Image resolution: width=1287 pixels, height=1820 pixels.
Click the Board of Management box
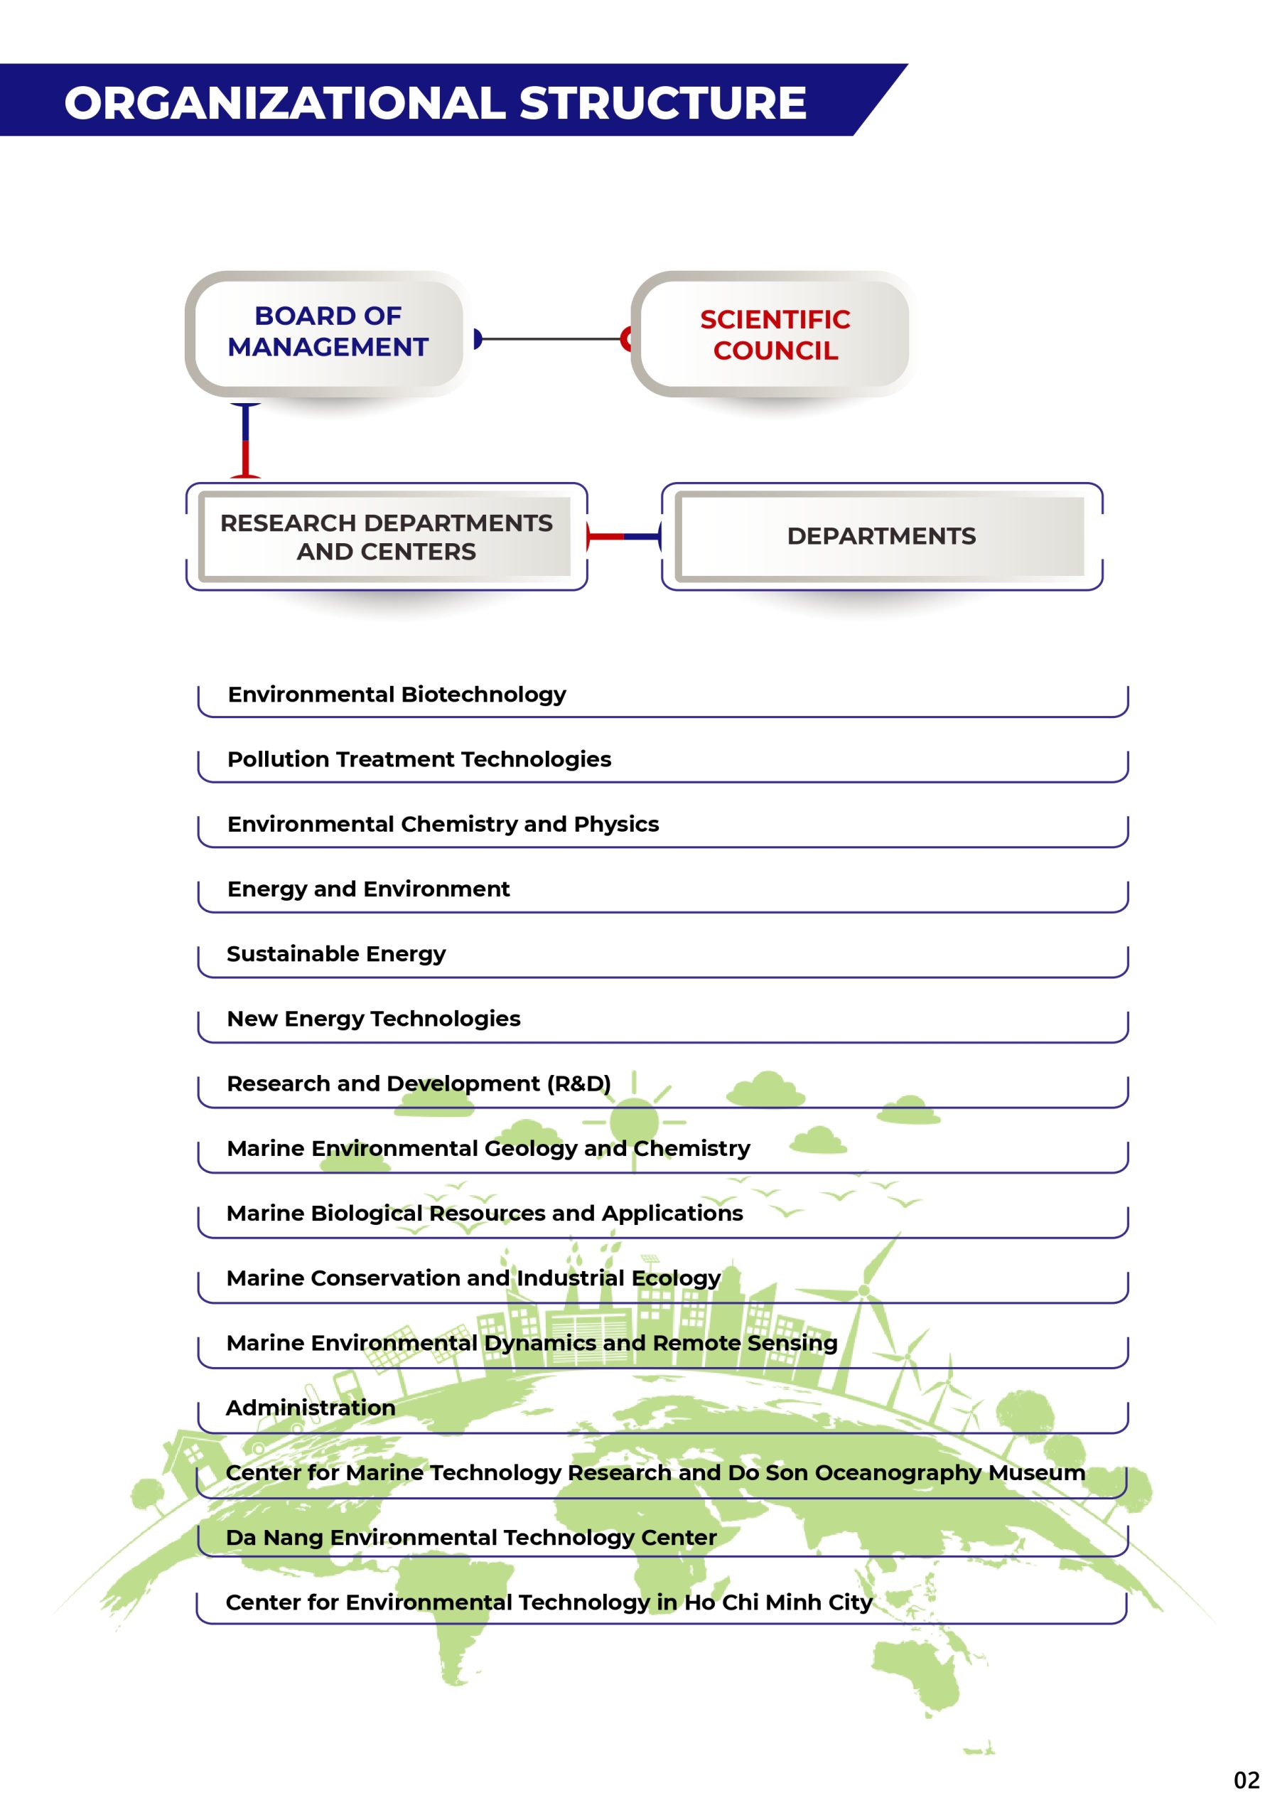[x=328, y=332]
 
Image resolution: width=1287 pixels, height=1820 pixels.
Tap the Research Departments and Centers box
[x=386, y=537]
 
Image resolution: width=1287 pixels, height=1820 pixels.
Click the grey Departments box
[x=881, y=537]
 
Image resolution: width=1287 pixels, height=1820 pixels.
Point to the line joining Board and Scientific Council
[x=551, y=339]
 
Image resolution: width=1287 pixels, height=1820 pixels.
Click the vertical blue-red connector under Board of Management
[x=246, y=441]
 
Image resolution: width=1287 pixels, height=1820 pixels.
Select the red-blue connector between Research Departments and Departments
[x=624, y=537]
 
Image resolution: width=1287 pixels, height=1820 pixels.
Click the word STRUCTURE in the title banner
[x=662, y=103]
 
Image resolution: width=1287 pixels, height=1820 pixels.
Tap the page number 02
[x=1246, y=1780]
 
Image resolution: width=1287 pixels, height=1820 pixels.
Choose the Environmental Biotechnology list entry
[x=397, y=695]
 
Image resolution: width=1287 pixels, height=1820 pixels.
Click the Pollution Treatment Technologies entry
[x=419, y=759]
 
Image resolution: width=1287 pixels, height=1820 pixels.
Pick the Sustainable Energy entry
[x=336, y=953]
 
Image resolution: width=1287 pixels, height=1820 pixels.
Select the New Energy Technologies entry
[x=373, y=1019]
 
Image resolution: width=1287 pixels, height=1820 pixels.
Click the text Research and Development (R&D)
[x=419, y=1083]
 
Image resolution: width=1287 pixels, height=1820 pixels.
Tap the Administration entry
[x=311, y=1408]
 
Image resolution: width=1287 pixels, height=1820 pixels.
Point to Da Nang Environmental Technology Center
[x=470, y=1538]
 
